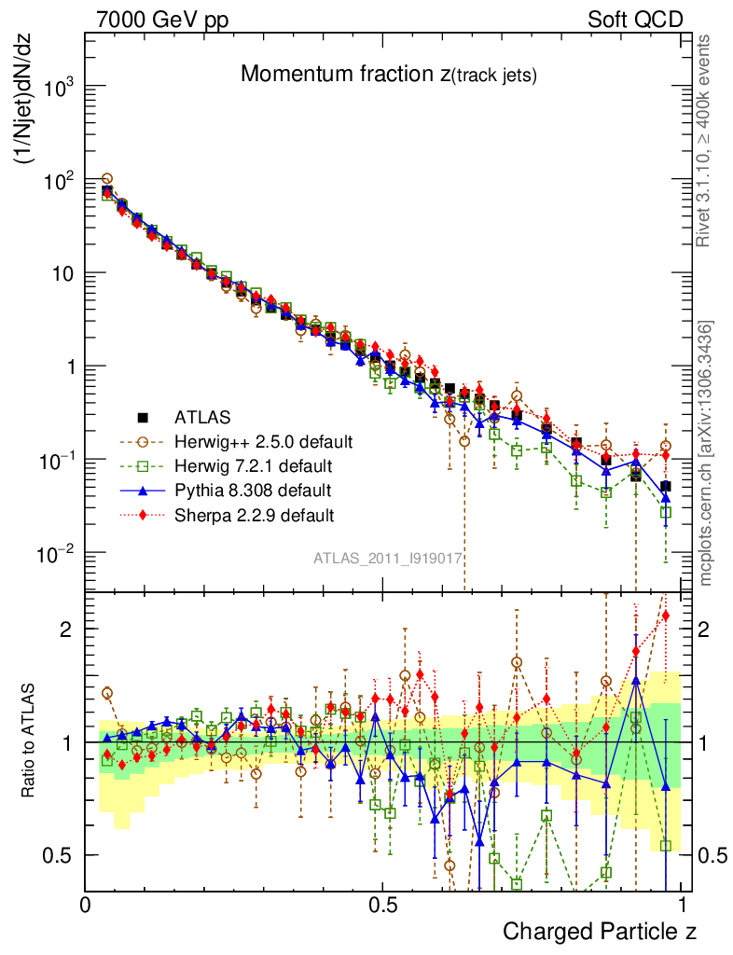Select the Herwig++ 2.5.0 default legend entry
[x=263, y=441]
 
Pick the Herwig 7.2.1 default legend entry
[x=254, y=465]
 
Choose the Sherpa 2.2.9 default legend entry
[x=254, y=514]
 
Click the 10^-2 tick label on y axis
[x=54, y=554]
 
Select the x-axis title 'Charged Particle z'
[x=600, y=931]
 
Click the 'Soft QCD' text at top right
[x=635, y=19]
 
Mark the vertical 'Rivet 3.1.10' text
[x=706, y=140]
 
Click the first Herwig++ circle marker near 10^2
[x=107, y=178]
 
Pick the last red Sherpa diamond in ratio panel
[x=666, y=615]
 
